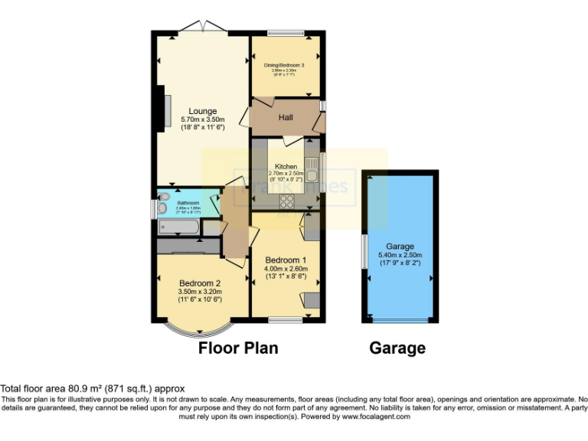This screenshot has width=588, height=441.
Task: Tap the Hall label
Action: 286,117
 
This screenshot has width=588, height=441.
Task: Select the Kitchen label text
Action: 286,166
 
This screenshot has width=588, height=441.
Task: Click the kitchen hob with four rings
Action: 289,202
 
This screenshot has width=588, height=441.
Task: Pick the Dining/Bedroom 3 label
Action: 285,65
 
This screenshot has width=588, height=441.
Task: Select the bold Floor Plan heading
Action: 238,348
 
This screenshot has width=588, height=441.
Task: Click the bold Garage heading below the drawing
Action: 397,348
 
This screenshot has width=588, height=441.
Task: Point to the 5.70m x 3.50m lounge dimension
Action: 203,119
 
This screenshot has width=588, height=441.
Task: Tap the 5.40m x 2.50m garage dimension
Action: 400,255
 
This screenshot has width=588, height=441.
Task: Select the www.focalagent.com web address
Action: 376,417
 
